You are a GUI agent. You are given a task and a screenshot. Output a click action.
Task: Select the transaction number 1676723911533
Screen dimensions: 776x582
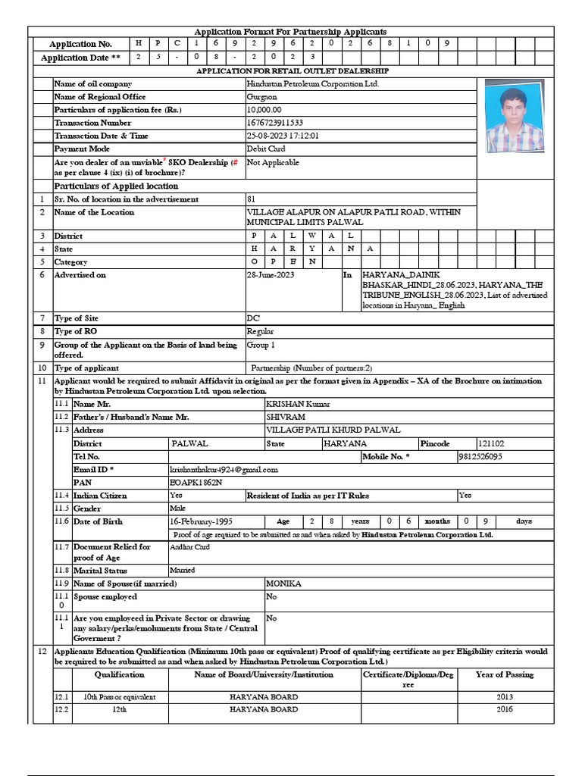[x=275, y=123]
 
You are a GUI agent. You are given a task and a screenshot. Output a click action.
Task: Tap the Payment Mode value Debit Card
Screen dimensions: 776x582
[x=266, y=149]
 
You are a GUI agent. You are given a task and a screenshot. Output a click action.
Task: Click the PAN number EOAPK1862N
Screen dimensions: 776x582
[x=196, y=482]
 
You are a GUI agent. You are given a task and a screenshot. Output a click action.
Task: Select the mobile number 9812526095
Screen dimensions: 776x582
[x=480, y=457]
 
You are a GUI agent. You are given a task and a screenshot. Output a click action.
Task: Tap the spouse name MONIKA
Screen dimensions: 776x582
[x=283, y=584]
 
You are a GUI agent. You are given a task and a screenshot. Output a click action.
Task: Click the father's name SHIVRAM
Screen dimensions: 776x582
[x=286, y=418]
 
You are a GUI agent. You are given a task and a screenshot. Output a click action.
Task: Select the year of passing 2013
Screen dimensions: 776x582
[x=505, y=696]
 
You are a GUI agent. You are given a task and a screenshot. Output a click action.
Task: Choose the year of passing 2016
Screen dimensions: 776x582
[x=505, y=709]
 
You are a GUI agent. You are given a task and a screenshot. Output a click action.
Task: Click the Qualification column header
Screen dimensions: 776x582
[x=119, y=674]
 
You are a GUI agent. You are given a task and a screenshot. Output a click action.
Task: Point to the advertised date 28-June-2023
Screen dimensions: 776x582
[x=271, y=275]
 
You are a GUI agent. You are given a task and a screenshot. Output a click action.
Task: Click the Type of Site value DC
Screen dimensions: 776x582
[x=253, y=318]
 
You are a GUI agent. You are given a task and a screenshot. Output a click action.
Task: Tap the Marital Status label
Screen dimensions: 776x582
[x=100, y=571]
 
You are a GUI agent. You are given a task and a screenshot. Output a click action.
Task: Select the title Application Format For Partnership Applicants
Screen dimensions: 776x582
[x=291, y=32]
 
